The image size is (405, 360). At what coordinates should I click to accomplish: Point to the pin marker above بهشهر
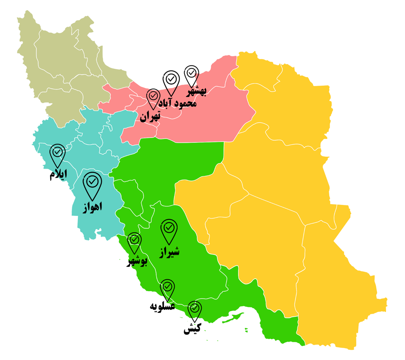pos(192,74)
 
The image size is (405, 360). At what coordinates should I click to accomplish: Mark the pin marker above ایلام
pos(58,153)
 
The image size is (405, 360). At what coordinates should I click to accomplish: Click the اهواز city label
pos(92,207)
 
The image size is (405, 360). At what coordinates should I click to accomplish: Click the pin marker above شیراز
pos(169,229)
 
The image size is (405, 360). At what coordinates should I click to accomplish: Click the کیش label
pos(192,329)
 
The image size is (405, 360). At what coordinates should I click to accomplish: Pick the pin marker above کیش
pos(195,309)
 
